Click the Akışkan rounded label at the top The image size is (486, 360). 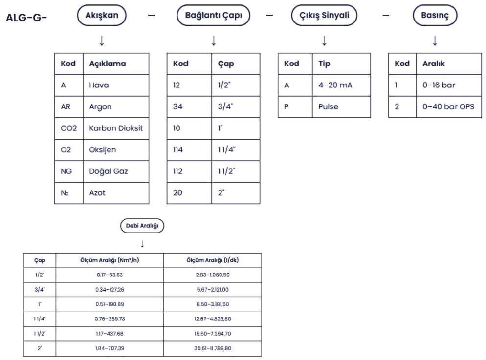point(102,16)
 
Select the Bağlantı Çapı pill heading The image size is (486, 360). point(214,16)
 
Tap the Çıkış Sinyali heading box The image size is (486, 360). point(324,16)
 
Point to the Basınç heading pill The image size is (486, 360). point(435,16)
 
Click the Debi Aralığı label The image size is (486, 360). point(142,226)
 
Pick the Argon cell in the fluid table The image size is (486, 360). point(116,106)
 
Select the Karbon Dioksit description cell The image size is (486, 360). point(116,128)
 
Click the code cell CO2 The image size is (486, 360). point(69,128)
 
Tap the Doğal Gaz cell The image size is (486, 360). point(116,171)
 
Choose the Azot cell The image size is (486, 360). point(116,193)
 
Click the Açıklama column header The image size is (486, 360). point(116,64)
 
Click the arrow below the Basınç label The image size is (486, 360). point(435,41)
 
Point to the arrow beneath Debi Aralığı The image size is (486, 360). point(142,243)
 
